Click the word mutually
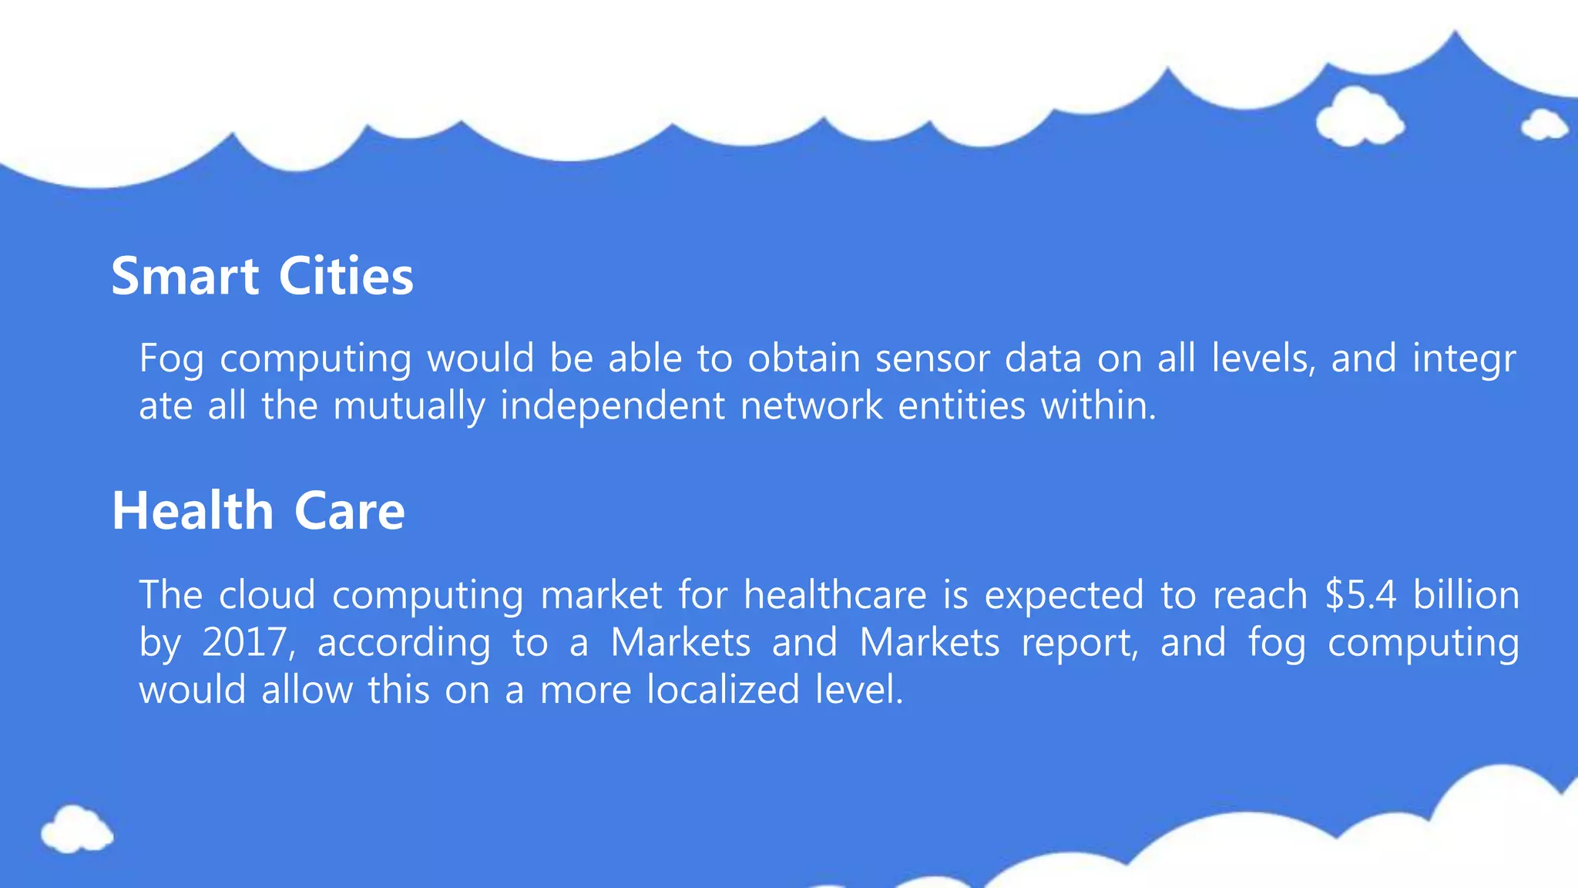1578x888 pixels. coord(408,406)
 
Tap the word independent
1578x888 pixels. coord(613,406)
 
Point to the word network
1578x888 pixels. coord(811,405)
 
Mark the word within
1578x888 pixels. coord(1099,405)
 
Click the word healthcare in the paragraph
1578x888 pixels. coord(834,595)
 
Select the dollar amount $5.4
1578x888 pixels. coord(1360,595)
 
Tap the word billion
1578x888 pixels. coord(1466,595)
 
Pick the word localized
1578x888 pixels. coord(723,689)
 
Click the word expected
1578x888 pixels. coord(1064,597)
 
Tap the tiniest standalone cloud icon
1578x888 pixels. coord(1543,125)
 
